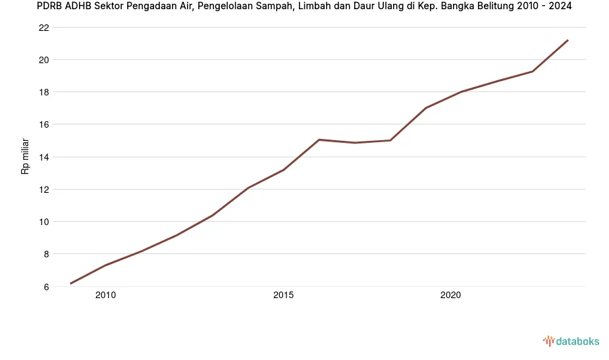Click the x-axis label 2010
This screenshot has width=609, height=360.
click(105, 296)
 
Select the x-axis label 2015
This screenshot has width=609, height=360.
click(283, 296)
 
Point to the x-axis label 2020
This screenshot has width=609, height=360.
click(450, 296)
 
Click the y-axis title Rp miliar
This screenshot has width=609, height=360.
click(25, 156)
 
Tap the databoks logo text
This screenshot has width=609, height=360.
click(577, 341)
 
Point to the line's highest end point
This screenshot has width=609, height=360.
click(568, 40)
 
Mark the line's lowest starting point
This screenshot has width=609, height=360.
click(70, 284)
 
